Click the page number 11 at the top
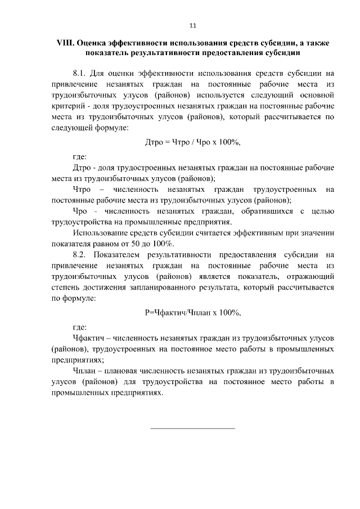(193, 25)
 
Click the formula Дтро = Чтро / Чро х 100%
(193, 143)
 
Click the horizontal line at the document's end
(193, 429)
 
